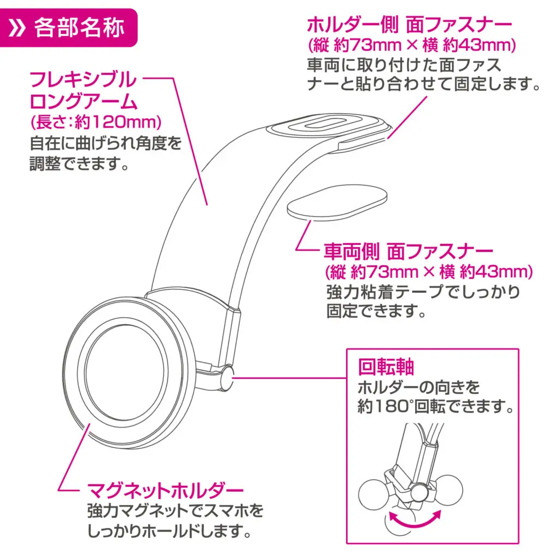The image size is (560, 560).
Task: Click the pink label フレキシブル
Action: click(83, 80)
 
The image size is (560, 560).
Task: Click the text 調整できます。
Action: click(79, 164)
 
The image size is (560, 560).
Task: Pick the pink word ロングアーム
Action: click(81, 102)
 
